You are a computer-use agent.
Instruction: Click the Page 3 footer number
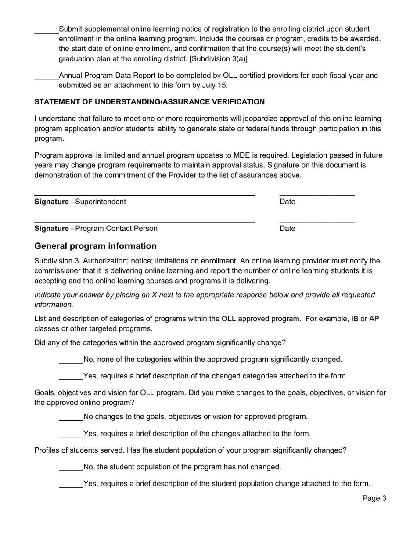pyautogui.click(x=374, y=498)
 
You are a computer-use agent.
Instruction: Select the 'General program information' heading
pyautogui.click(x=95, y=246)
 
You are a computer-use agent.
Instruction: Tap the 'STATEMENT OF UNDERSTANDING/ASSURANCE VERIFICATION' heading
pyautogui.click(x=149, y=102)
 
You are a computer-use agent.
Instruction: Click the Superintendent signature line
pyautogui.click(x=144, y=194)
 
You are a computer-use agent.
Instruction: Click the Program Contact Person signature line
pyautogui.click(x=144, y=222)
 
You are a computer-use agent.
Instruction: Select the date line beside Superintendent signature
pyautogui.click(x=316, y=194)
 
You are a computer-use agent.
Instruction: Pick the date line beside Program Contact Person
pyautogui.click(x=316, y=222)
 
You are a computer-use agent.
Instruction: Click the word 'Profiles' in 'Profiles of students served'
pyautogui.click(x=48, y=450)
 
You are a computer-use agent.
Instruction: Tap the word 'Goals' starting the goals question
pyautogui.click(x=45, y=393)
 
